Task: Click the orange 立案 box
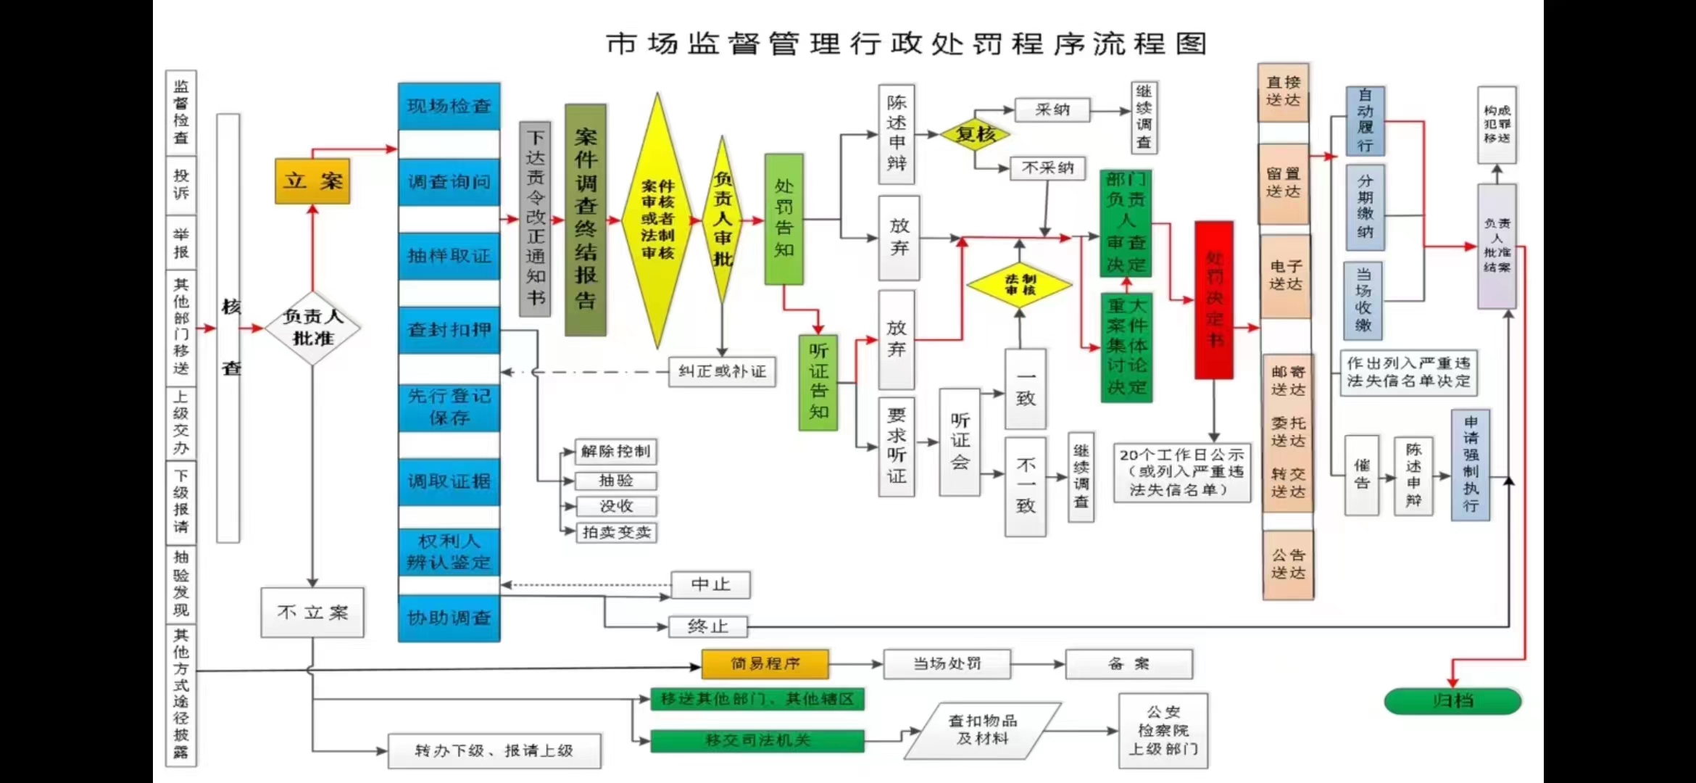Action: pyautogui.click(x=312, y=181)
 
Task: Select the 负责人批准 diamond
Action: pyautogui.click(x=312, y=328)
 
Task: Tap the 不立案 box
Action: pyautogui.click(x=312, y=613)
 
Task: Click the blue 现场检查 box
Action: pyautogui.click(x=449, y=107)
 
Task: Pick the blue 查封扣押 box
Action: pyautogui.click(x=449, y=330)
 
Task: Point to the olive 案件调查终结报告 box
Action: pyautogui.click(x=585, y=219)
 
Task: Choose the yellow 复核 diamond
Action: pyautogui.click(x=975, y=134)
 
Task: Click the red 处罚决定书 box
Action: pyautogui.click(x=1214, y=299)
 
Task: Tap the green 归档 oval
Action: pyautogui.click(x=1452, y=701)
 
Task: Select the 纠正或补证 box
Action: pyautogui.click(x=722, y=372)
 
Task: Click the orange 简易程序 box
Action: pyautogui.click(x=765, y=663)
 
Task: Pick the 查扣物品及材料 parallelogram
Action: pyautogui.click(x=983, y=730)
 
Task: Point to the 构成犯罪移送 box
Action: pyautogui.click(x=1497, y=124)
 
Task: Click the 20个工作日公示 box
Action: pyautogui.click(x=1181, y=473)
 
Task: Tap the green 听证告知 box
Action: pyautogui.click(x=818, y=382)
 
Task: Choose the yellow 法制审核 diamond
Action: pyautogui.click(x=1019, y=285)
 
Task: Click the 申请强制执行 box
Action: pyautogui.click(x=1471, y=464)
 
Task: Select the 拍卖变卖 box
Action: pyautogui.click(x=616, y=533)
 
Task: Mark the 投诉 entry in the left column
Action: pyautogui.click(x=181, y=184)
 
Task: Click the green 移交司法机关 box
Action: pyautogui.click(x=757, y=740)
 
